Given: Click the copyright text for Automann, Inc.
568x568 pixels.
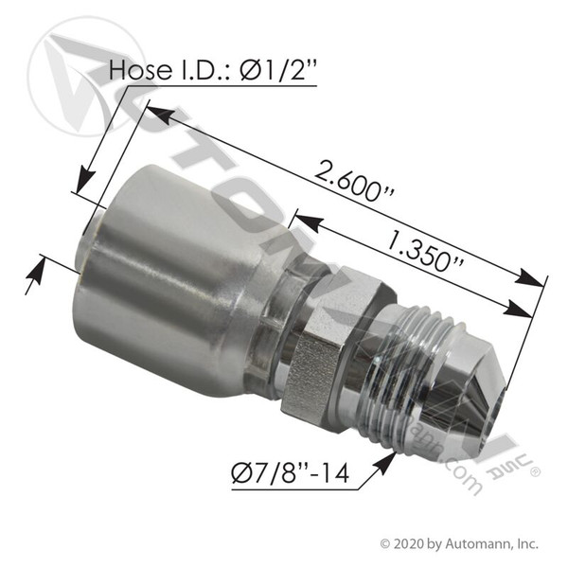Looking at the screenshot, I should click(459, 543).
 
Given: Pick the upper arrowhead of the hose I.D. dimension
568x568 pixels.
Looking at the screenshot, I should click(84, 181).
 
